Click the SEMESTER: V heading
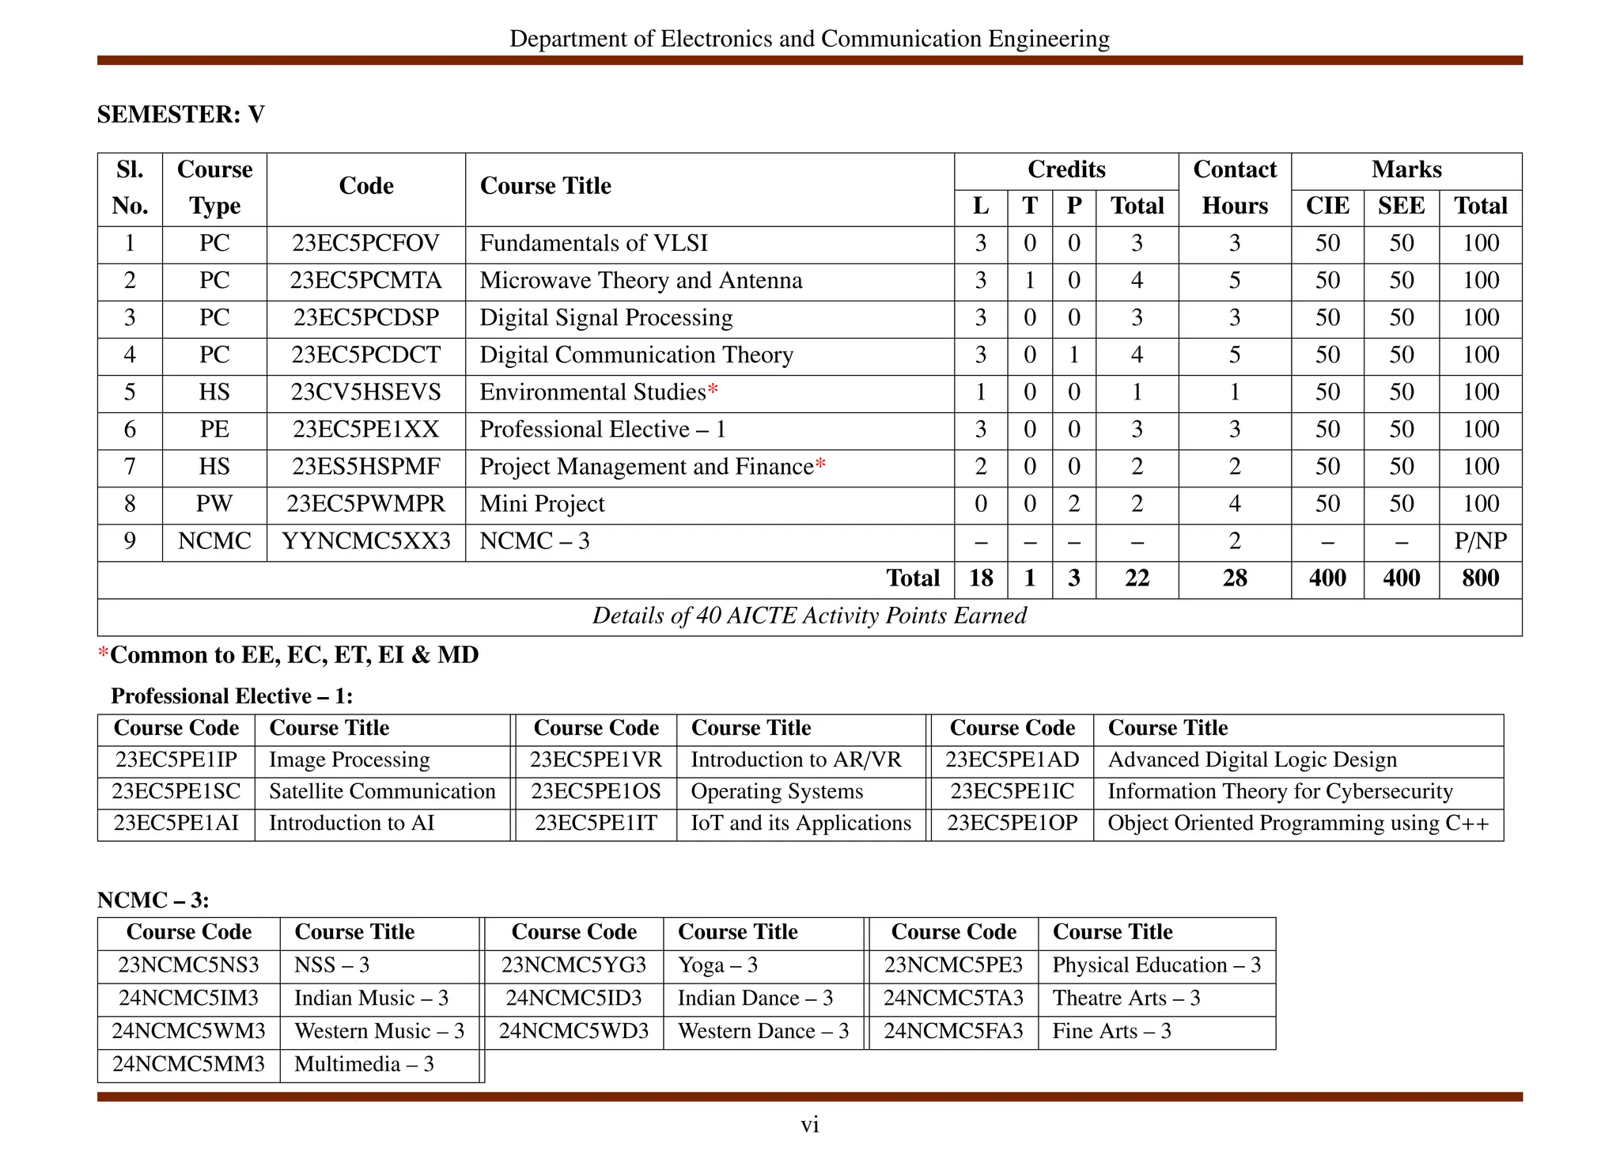(x=180, y=115)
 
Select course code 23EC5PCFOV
(x=365, y=243)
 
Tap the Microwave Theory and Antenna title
(x=641, y=280)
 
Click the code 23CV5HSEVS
(x=365, y=392)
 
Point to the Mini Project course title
(x=542, y=504)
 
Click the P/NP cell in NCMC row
(x=1480, y=541)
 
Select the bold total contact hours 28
(x=1234, y=578)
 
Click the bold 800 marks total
(x=1480, y=578)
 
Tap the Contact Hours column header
(x=1234, y=188)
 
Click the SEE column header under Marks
(x=1401, y=206)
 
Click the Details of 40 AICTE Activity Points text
(x=809, y=616)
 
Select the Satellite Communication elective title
(x=382, y=791)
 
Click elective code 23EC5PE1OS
(x=596, y=791)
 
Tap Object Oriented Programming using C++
(x=1298, y=823)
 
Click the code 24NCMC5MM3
(x=188, y=1064)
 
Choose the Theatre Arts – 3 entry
(x=1126, y=998)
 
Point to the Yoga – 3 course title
(x=717, y=965)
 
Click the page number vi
(x=809, y=1124)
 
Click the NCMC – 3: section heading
(x=153, y=900)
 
